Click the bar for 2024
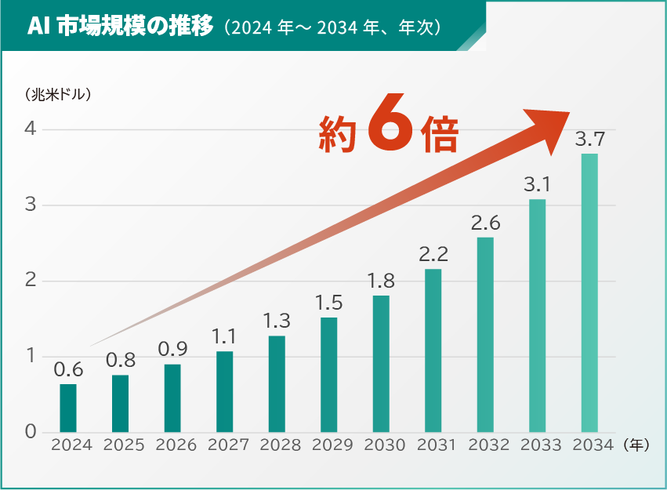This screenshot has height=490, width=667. pos(68,408)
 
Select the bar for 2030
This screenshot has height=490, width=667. pos(381,364)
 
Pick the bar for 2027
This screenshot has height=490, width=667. pos(225,391)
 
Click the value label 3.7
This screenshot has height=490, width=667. pos(589,140)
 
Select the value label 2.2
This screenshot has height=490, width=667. pos(433,255)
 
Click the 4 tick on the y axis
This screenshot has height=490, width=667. pos(30,129)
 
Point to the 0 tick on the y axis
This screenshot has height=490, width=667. pos(30,432)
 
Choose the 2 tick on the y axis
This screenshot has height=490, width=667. pos(30,281)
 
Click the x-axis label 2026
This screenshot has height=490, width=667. pos(176,445)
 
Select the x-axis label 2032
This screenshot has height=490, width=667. pos(489,445)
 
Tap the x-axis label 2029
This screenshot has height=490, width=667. pos(332,445)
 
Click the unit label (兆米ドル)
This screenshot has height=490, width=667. pos(60,95)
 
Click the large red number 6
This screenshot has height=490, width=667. pos(389,125)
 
